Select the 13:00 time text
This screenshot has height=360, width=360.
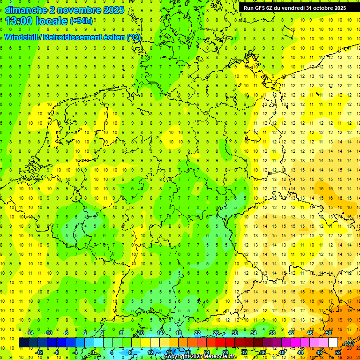19,21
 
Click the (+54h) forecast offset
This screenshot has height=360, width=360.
81,21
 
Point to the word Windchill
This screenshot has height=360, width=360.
21,37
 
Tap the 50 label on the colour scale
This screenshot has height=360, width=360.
329,333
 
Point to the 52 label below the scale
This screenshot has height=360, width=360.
338,352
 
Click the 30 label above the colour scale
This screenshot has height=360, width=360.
235,333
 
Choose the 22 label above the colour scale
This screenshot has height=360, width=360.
197,333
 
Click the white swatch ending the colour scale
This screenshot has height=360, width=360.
333,343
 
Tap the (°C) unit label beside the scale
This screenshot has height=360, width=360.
349,343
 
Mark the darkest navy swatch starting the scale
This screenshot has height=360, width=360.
23,343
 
